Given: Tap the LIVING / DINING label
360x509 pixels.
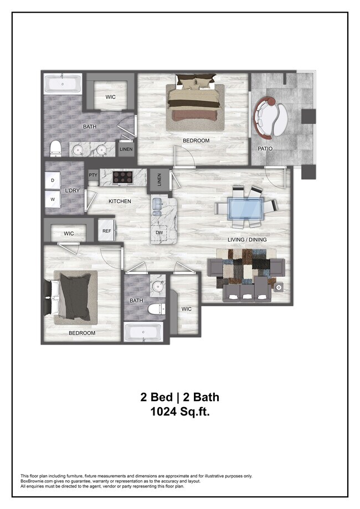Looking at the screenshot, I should [x=247, y=239].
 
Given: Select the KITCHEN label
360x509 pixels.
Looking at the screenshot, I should [x=119, y=201].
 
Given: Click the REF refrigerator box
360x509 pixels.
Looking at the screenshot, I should [x=106, y=232].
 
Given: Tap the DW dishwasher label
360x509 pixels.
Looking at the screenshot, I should [x=159, y=233].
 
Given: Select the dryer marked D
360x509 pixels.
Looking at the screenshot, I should [x=53, y=181].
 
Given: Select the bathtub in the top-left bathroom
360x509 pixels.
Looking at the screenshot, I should [x=63, y=85].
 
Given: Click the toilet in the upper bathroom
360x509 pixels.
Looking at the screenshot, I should [x=55, y=148].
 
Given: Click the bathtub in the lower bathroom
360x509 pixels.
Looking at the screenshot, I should [x=142, y=333].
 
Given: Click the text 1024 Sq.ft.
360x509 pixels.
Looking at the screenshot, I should [x=179, y=412].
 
